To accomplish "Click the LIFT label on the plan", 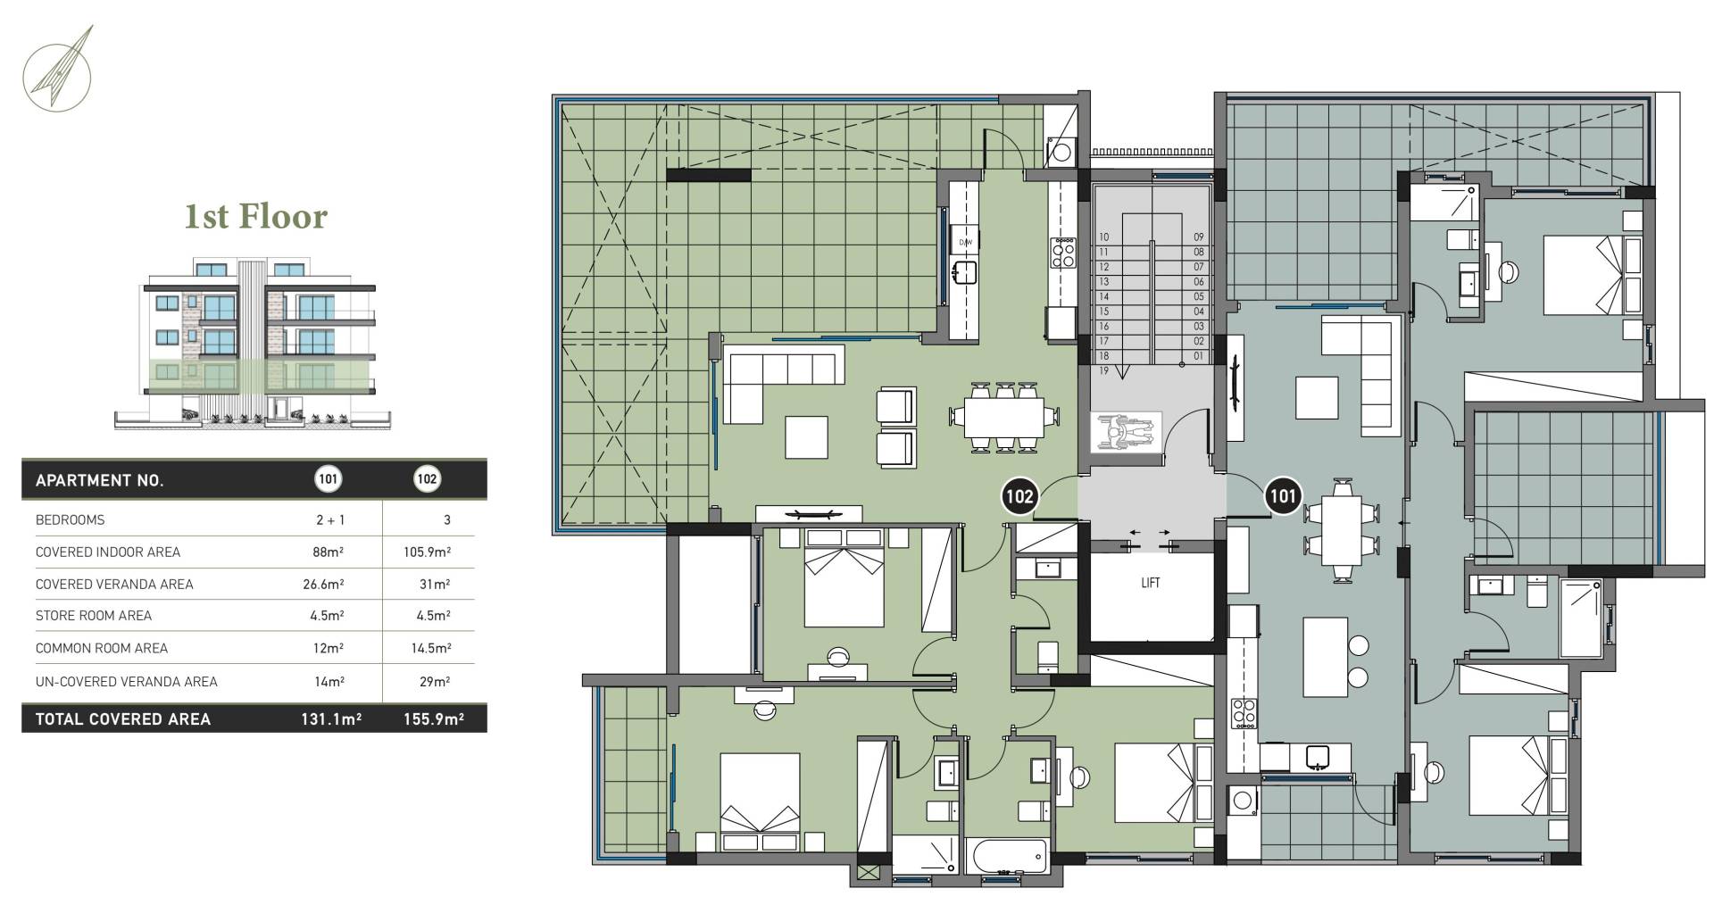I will [x=1151, y=583].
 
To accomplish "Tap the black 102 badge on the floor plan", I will [x=1019, y=496].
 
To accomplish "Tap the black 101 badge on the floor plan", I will [x=1283, y=496].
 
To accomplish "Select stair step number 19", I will [x=1104, y=370].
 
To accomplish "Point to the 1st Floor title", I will [x=256, y=217].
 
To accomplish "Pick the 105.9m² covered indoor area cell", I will [x=427, y=552].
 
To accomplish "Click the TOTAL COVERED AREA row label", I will [x=123, y=719].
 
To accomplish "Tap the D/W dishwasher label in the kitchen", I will [x=965, y=243].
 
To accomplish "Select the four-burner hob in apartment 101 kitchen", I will [x=1244, y=713].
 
